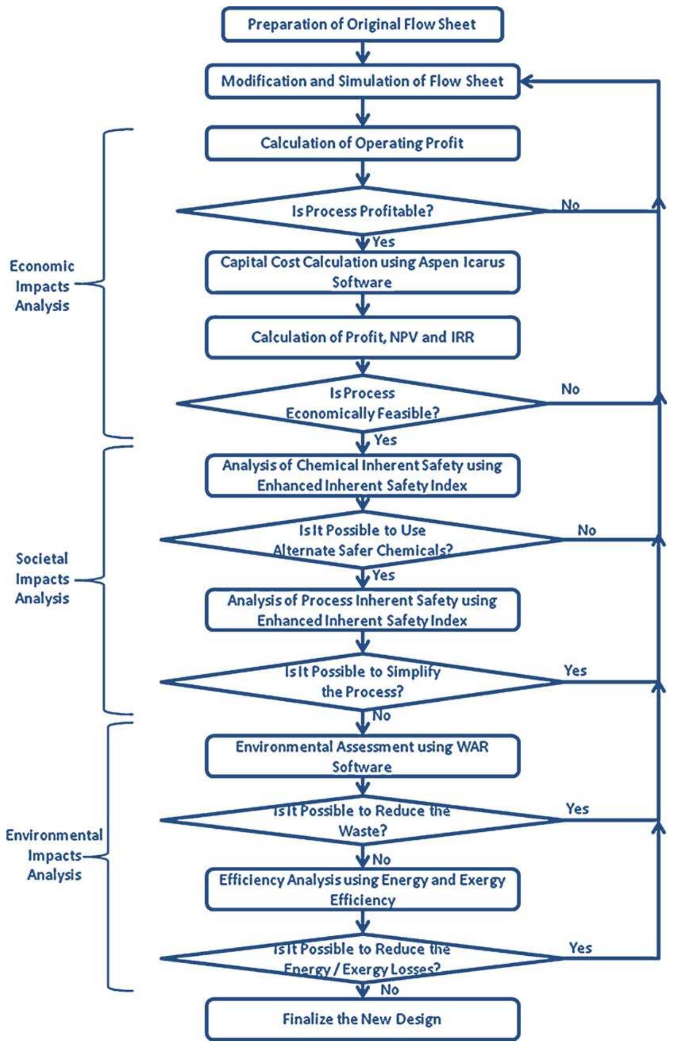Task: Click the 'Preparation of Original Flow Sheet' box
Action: pos(362,24)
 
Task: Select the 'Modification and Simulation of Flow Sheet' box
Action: pos(362,81)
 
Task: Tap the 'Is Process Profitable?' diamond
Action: pos(362,211)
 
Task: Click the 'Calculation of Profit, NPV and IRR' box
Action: pos(362,337)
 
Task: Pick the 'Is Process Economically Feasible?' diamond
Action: pos(362,403)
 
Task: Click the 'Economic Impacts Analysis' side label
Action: pos(42,286)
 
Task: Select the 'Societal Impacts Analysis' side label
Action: pos(42,578)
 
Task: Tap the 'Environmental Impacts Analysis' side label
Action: pos(54,855)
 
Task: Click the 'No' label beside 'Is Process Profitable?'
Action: pos(570,205)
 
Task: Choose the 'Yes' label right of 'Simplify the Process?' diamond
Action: pos(575,671)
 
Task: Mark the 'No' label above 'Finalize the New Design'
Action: pos(389,989)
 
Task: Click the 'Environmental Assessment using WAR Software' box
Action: pos(362,756)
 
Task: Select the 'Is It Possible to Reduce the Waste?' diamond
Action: pos(362,820)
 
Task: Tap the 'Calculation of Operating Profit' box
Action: pos(362,143)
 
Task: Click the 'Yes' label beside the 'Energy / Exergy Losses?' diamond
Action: pos(580,947)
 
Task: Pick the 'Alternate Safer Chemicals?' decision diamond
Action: pos(362,540)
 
